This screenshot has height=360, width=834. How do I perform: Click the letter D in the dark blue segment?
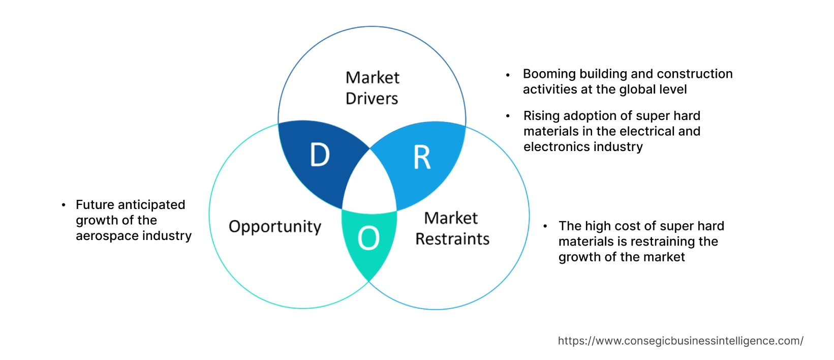click(320, 155)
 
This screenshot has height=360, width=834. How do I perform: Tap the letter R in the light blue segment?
click(422, 158)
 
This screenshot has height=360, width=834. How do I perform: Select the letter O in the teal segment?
click(368, 238)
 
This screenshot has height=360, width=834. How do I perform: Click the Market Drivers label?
click(372, 88)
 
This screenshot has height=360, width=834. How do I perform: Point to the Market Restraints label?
click(452, 228)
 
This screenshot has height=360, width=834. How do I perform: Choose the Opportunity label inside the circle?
click(275, 227)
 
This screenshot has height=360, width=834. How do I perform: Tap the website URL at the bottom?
click(681, 341)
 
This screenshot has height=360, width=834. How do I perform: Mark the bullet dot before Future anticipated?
click(64, 205)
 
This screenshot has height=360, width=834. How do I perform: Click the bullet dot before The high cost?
click(545, 226)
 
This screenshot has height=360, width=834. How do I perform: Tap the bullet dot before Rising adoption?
click(508, 116)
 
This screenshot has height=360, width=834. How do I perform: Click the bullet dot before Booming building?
click(508, 75)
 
